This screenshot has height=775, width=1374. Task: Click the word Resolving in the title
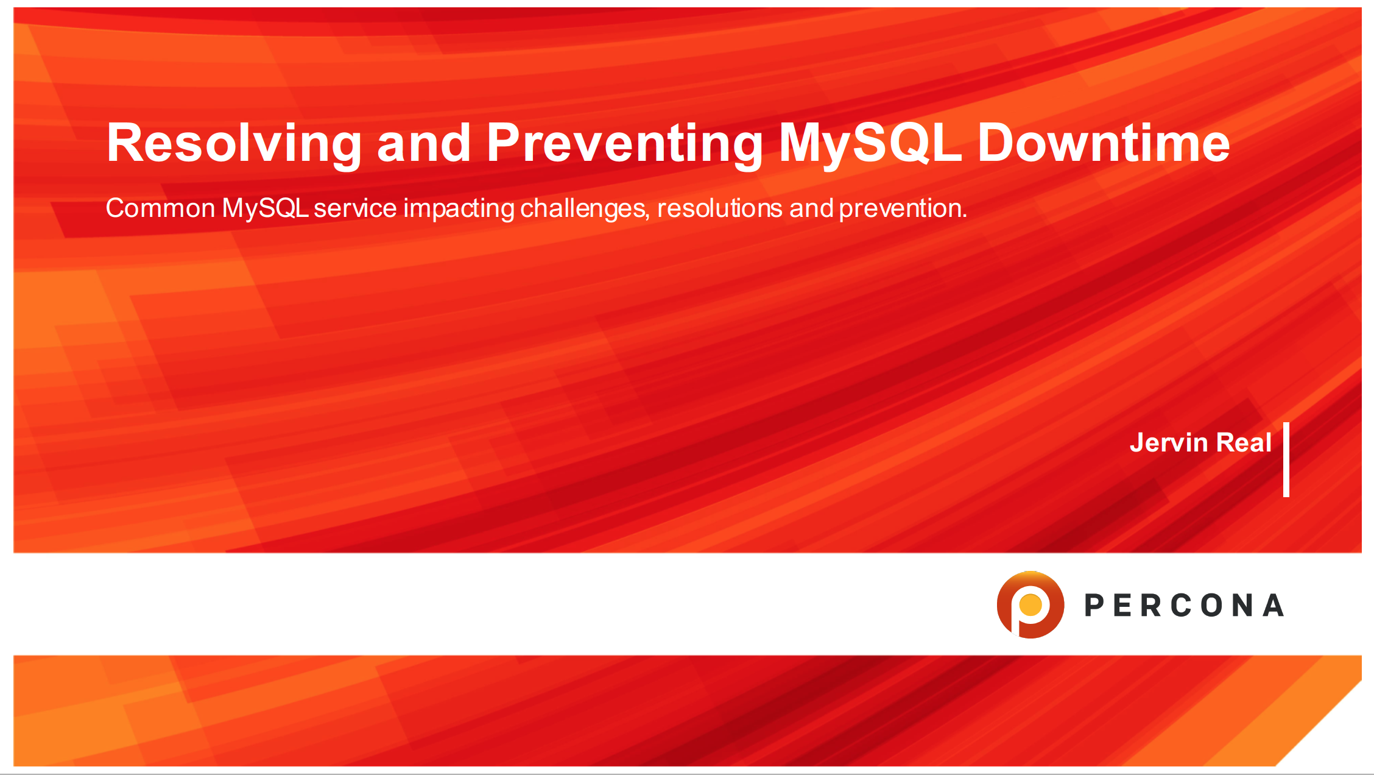tap(234, 144)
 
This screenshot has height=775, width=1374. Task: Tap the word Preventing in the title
tap(624, 144)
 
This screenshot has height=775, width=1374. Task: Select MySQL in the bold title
tap(871, 144)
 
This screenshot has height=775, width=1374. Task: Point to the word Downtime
tap(1104, 143)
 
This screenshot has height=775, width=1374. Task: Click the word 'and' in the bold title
tap(424, 143)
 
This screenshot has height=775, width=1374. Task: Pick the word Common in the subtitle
tap(160, 208)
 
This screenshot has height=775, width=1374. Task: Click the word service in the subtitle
tap(356, 208)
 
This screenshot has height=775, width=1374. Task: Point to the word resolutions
tap(720, 208)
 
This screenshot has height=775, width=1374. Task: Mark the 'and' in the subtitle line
tap(811, 208)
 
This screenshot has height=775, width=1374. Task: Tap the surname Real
tap(1244, 442)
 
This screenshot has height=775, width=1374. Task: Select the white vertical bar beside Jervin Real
tap(1286, 459)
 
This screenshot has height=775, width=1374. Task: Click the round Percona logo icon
tap(1030, 605)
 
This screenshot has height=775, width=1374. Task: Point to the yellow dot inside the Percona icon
tap(1031, 605)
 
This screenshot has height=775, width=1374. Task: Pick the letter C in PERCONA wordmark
tap(1182, 606)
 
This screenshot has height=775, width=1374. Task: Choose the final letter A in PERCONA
tap(1273, 606)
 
